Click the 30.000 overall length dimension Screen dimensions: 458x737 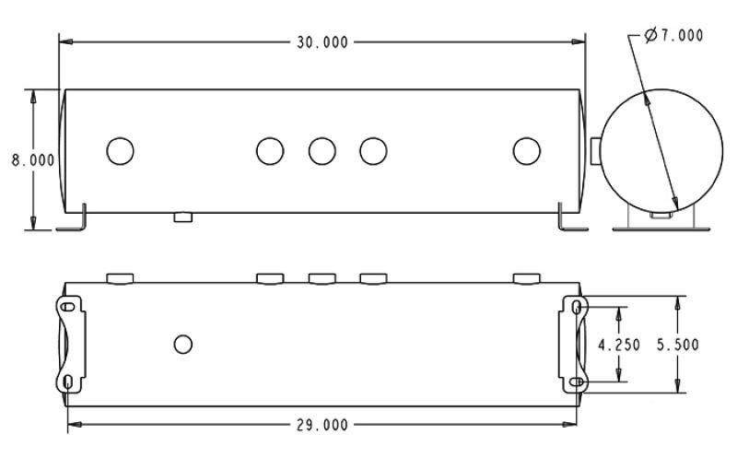322,42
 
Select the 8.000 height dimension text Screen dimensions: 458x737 32,159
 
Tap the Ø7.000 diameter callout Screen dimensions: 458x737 674,35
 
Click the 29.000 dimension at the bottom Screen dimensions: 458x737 322,425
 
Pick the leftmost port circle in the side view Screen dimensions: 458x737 120,150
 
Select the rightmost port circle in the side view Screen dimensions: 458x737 526,150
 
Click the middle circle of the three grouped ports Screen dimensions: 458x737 322,150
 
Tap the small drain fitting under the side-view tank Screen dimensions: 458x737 182,217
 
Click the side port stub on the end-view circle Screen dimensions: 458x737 596,148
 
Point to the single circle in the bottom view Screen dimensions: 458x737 183,344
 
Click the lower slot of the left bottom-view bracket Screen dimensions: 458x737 69,381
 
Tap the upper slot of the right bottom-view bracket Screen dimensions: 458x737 577,308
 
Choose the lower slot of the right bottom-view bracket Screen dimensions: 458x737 577,381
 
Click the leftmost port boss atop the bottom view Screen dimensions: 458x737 121,277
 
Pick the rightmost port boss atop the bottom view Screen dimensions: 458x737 526,277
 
